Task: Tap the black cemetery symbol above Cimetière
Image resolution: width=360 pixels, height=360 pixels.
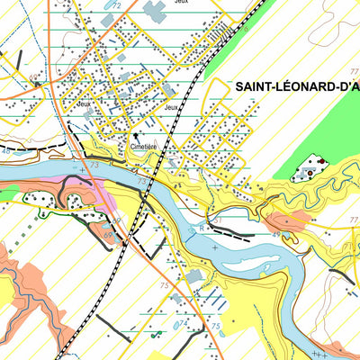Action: (x=138, y=137)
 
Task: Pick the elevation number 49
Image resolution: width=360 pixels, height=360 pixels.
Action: (x=277, y=234)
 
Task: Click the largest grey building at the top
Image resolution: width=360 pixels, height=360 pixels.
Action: (x=154, y=11)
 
